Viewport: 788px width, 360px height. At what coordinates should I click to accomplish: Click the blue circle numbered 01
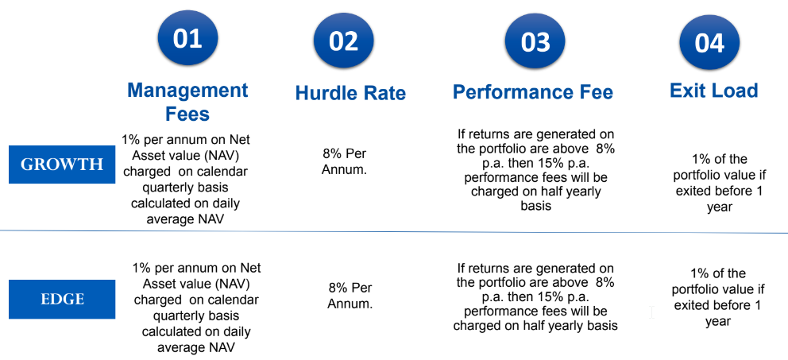coord(187,41)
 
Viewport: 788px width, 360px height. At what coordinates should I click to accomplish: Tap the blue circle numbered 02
coord(344,41)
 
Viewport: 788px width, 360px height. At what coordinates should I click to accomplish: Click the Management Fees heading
coord(187,102)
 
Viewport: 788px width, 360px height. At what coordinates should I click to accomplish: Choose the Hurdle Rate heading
coord(350,93)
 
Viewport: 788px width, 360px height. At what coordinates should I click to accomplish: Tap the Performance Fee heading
coord(533,92)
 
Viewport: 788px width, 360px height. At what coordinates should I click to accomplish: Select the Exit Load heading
coord(713,91)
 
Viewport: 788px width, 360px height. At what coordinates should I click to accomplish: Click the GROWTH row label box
coord(62,165)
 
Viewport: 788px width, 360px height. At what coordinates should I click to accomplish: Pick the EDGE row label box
coord(62,300)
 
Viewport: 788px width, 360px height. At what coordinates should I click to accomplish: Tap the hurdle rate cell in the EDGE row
coord(350,296)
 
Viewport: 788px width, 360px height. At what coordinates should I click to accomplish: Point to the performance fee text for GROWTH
coord(535,170)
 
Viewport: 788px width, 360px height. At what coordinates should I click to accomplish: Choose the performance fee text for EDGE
coord(535,296)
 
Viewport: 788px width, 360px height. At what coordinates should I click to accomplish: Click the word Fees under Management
coord(187,114)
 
